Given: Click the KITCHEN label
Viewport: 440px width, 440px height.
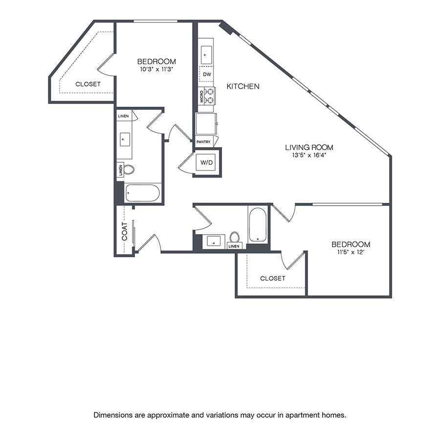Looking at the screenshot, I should click(x=243, y=87).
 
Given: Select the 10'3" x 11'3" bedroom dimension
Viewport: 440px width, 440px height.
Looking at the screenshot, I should click(x=156, y=69).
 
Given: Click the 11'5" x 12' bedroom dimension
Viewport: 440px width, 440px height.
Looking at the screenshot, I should click(x=351, y=253).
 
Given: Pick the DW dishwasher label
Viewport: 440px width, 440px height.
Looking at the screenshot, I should click(x=207, y=74).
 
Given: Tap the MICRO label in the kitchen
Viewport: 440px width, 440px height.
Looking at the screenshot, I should click(x=201, y=96).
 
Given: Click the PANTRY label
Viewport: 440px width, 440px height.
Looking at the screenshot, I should click(x=203, y=142).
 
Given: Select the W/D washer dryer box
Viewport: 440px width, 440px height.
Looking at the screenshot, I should click(x=207, y=162).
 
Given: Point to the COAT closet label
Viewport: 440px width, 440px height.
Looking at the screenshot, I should click(x=124, y=231).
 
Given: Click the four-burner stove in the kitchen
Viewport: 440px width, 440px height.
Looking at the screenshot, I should click(x=210, y=96).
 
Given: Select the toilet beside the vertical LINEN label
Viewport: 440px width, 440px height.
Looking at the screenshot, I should click(x=129, y=170).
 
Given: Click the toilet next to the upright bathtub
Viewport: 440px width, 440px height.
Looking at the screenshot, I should click(x=235, y=238).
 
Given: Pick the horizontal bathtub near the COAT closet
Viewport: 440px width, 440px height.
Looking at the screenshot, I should click(x=143, y=193).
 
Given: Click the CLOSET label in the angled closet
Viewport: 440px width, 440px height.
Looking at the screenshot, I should click(x=88, y=84).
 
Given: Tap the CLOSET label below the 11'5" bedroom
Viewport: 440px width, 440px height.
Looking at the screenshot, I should click(x=272, y=278).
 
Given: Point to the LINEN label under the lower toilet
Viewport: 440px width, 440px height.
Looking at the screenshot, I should click(x=234, y=246).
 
